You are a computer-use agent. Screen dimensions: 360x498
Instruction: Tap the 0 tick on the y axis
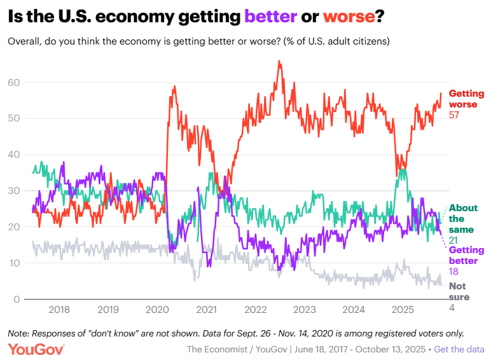[x=18, y=300]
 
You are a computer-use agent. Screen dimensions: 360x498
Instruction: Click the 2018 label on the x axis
[x=59, y=310]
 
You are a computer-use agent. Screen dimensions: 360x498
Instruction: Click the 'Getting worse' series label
[x=466, y=99]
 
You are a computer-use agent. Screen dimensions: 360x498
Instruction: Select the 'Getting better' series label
[x=466, y=255]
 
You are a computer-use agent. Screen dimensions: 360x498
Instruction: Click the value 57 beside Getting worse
[x=454, y=115]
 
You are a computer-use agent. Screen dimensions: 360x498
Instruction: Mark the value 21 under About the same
[x=454, y=240]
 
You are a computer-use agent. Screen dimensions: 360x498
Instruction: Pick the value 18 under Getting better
[x=454, y=271]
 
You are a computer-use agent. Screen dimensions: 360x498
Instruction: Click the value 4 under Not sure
[x=452, y=308]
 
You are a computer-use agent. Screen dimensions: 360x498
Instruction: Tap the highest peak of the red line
[x=279, y=61]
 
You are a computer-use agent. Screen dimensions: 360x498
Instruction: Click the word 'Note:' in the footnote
[x=19, y=333]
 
